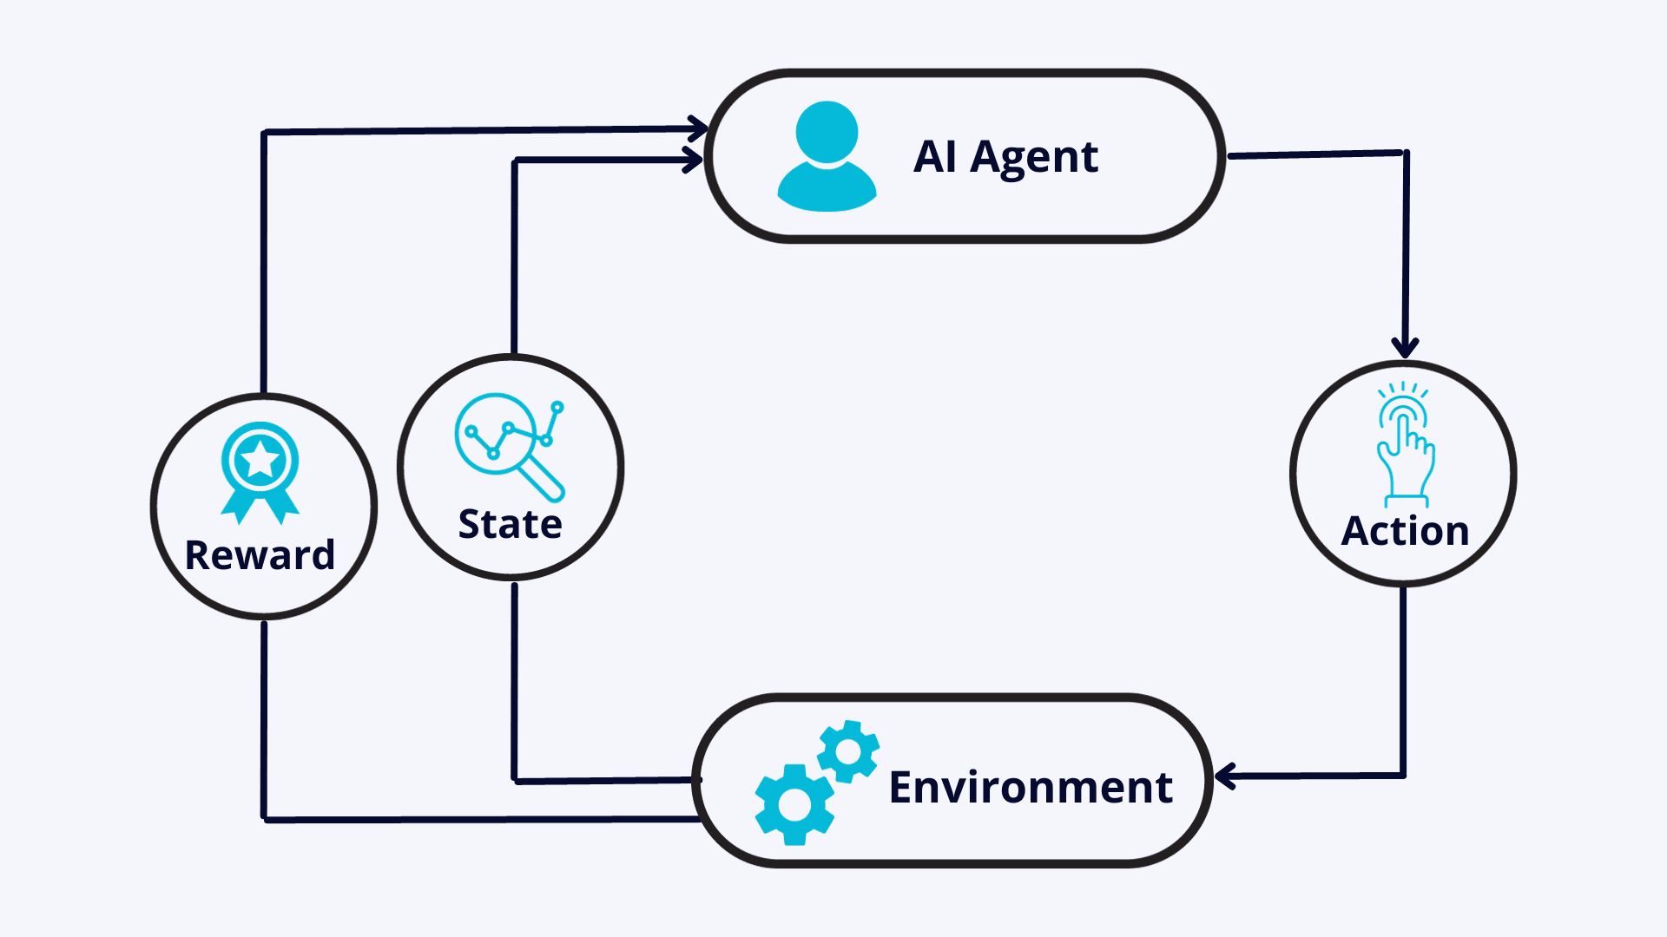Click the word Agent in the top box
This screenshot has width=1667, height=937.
[1034, 159]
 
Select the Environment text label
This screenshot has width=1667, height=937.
[1031, 787]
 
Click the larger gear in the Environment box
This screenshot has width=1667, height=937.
[794, 804]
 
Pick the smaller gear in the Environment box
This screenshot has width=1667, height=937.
[848, 750]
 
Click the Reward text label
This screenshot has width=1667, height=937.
[260, 555]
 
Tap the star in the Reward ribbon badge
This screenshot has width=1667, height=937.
[260, 460]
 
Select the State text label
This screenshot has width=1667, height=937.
[511, 524]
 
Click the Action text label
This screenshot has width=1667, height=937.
[1405, 531]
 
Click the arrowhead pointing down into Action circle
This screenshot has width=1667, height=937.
[1405, 349]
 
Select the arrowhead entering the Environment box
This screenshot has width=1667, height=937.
[1224, 776]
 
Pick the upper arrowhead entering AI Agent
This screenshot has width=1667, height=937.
[699, 128]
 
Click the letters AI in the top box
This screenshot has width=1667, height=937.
[935, 157]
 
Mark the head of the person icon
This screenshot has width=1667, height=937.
[827, 132]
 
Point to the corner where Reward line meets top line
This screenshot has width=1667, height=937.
[264, 132]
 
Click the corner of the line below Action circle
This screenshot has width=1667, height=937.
[1403, 776]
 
